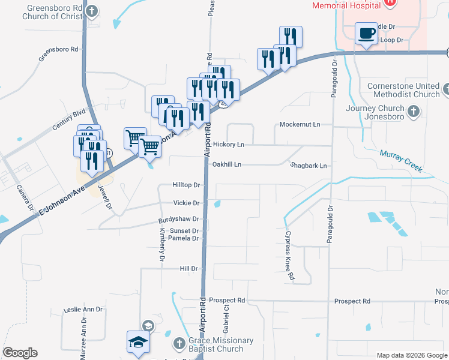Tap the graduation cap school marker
tap(138, 343)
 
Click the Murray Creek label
tap(400, 160)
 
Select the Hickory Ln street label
tap(229, 145)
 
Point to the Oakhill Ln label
tap(227, 164)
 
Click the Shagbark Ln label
tap(309, 166)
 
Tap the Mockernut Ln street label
tap(300, 124)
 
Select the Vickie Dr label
tap(186, 203)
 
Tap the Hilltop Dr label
tap(185, 185)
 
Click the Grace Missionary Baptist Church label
tap(214, 344)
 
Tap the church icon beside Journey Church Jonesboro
tap(413, 111)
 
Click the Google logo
tap(20, 352)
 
